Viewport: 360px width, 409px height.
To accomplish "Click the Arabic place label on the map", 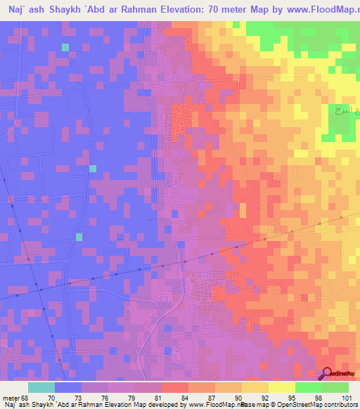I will click(x=339, y=111).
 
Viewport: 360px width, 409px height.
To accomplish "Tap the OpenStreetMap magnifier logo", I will click(x=327, y=373).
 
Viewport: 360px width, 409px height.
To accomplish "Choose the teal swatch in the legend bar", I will click(x=41, y=387).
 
